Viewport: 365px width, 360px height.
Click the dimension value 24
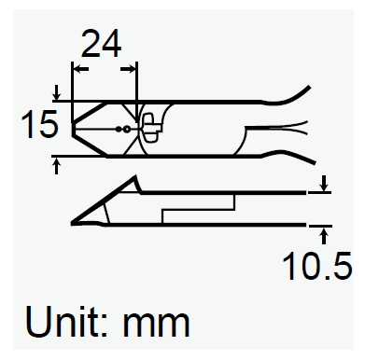click(101, 44)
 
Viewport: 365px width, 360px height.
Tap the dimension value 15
click(39, 124)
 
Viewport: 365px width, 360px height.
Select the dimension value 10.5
click(316, 266)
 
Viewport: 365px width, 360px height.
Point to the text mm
click(156, 325)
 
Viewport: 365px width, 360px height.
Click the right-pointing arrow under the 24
click(128, 69)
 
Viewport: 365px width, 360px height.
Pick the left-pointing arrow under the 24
click(80, 69)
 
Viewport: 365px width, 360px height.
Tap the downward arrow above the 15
click(56, 92)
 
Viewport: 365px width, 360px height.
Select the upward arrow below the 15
click(56, 166)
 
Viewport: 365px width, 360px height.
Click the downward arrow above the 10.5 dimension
click(324, 184)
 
